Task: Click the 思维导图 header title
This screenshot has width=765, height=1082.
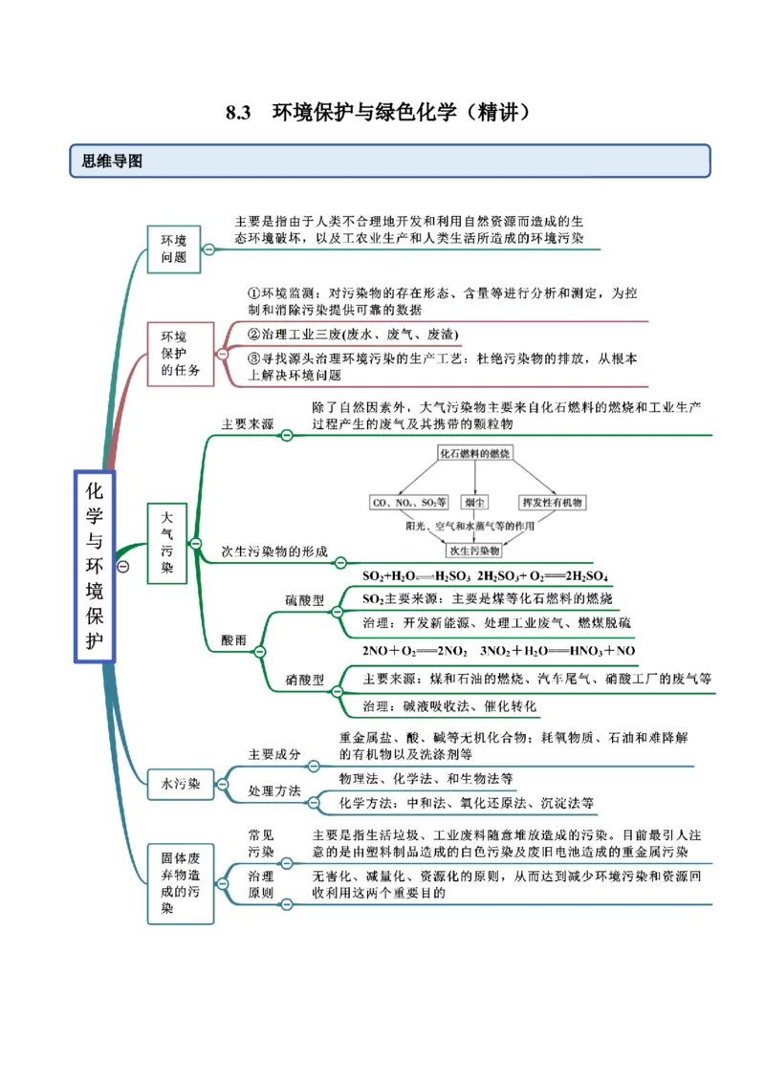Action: click(112, 162)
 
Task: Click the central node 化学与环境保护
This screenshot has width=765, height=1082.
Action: click(95, 565)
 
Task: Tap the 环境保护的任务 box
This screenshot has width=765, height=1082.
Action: click(180, 354)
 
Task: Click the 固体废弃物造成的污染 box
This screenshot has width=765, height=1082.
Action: click(180, 882)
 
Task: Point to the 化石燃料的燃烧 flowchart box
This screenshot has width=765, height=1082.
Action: click(475, 452)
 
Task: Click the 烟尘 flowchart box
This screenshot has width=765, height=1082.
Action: click(474, 502)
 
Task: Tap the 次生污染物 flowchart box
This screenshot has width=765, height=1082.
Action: click(475, 551)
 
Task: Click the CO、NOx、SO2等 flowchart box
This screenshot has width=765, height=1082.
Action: click(408, 502)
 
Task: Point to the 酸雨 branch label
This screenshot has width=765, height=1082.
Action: click(233, 639)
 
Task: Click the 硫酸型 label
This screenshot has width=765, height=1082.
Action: click(305, 599)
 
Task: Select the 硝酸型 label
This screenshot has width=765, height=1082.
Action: click(305, 680)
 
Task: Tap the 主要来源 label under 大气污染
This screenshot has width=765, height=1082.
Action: click(247, 423)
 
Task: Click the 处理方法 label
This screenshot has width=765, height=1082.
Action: click(274, 791)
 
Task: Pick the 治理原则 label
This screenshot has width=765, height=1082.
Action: click(261, 884)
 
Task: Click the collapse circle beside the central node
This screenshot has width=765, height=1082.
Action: click(122, 567)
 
